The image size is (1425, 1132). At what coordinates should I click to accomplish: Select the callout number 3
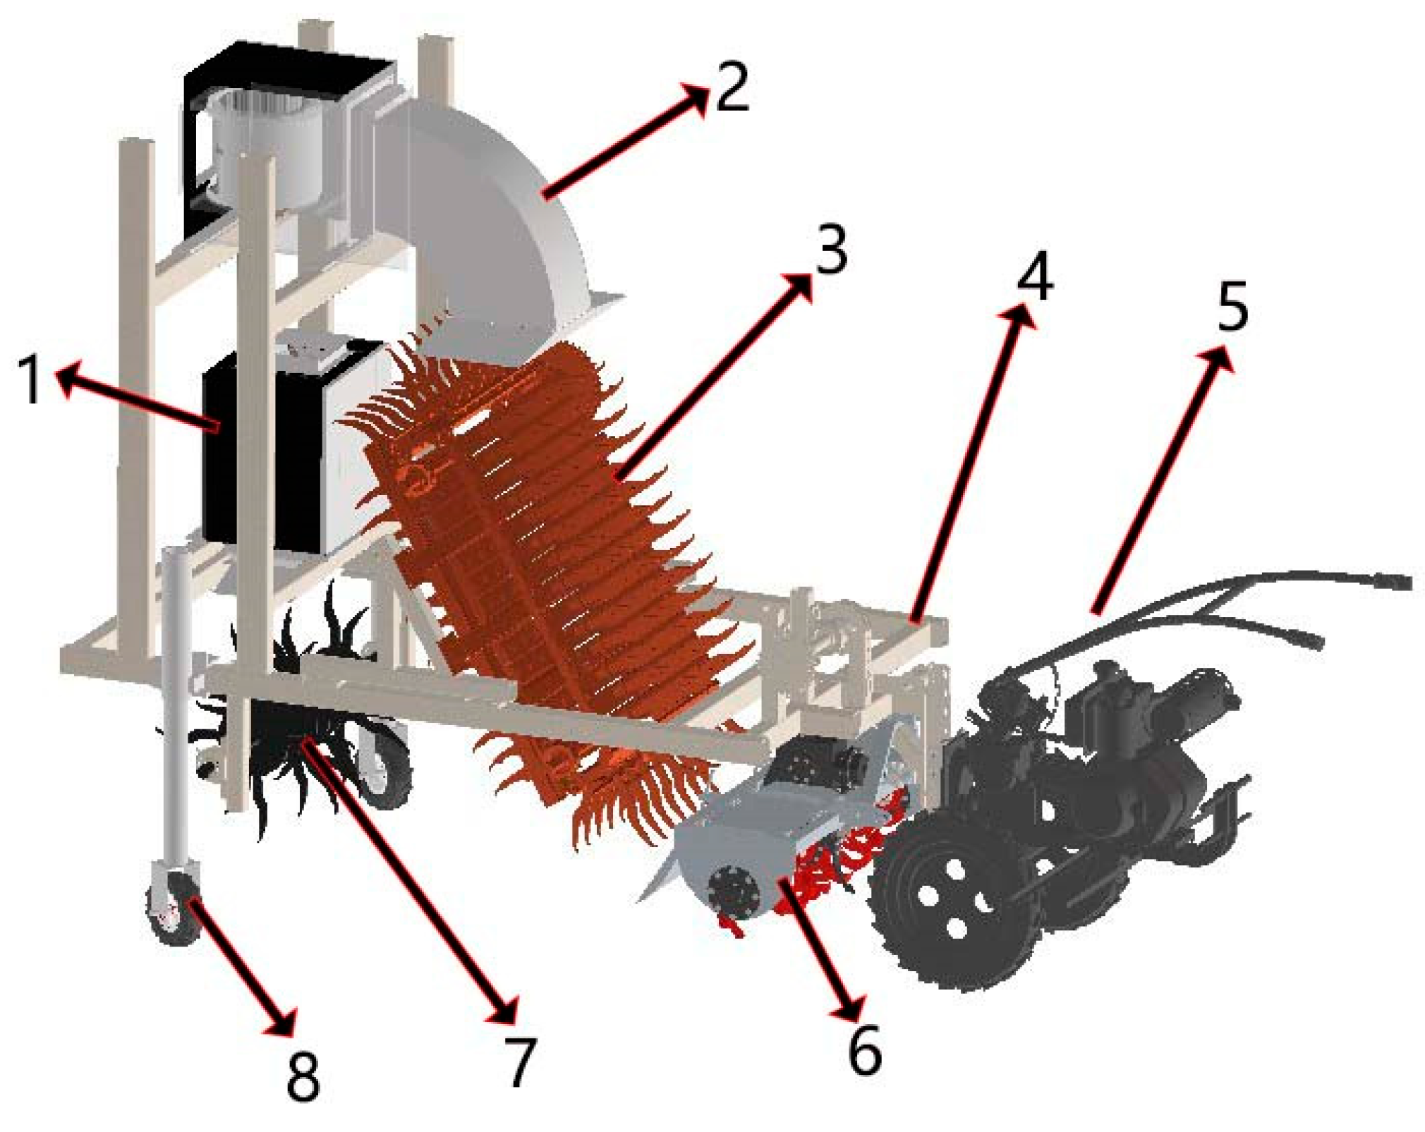[832, 250]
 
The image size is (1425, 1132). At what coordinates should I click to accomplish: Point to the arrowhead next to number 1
[67, 380]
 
